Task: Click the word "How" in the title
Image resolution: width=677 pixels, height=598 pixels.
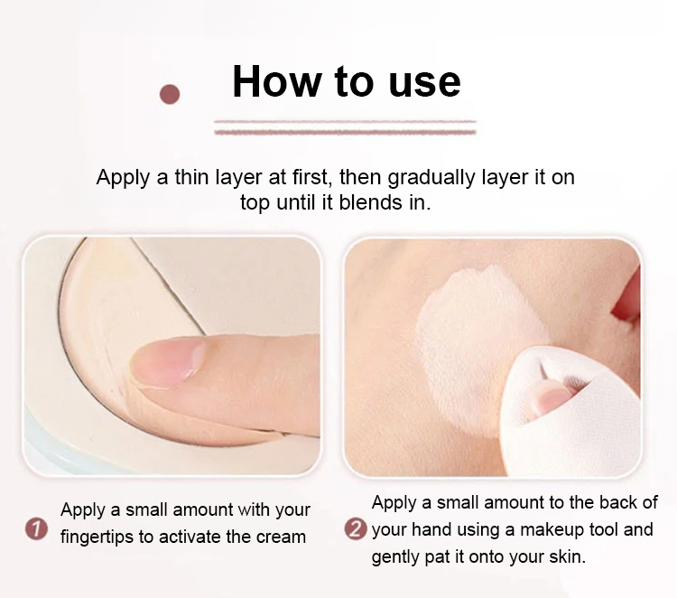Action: pyautogui.click(x=276, y=81)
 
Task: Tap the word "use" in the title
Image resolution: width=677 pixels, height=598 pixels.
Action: pyautogui.click(x=424, y=82)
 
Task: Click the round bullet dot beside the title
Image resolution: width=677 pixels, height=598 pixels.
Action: pyautogui.click(x=170, y=94)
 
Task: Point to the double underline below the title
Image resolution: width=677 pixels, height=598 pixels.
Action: pyautogui.click(x=345, y=127)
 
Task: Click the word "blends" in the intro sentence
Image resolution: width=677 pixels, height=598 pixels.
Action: pyautogui.click(x=370, y=202)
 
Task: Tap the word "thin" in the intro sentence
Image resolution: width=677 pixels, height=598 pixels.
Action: pyautogui.click(x=191, y=177)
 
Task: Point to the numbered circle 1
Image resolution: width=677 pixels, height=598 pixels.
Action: pyautogui.click(x=36, y=529)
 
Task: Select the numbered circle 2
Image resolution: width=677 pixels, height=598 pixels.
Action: pyautogui.click(x=356, y=529)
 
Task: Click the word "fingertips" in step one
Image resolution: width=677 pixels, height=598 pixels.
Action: pyautogui.click(x=97, y=538)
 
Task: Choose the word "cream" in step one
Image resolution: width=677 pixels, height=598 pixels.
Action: pyautogui.click(x=281, y=537)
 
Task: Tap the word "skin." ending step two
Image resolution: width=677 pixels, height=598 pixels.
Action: pyautogui.click(x=568, y=557)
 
